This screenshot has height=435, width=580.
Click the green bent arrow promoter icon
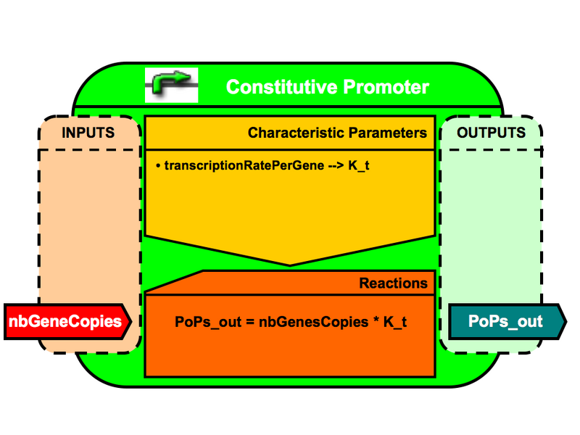click(172, 85)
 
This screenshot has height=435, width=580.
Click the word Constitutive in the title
click(271, 88)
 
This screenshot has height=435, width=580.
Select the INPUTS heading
click(88, 133)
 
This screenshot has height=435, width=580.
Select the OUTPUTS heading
click(491, 133)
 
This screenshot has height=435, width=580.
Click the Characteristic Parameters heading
click(337, 133)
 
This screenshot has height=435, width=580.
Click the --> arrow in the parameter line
click(331, 165)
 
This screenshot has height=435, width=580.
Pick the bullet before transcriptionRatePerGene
click(157, 166)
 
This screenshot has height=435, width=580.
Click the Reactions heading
click(393, 283)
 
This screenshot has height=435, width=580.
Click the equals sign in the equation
click(244, 322)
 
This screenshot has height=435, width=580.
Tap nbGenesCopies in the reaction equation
click(310, 322)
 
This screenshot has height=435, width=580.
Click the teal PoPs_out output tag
click(505, 321)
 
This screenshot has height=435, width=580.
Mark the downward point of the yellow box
click(290, 263)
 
